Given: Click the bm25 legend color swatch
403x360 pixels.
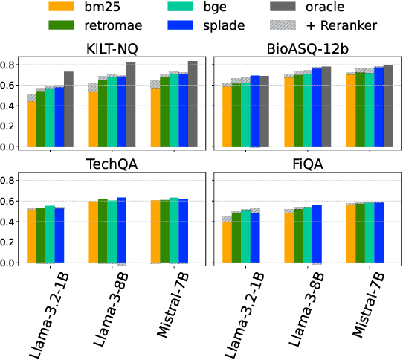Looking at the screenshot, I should [x=64, y=8].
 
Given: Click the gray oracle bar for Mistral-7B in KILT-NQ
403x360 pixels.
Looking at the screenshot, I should [x=193, y=104].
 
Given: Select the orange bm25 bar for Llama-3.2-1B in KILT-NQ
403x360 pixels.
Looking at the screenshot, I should [x=31, y=123].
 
